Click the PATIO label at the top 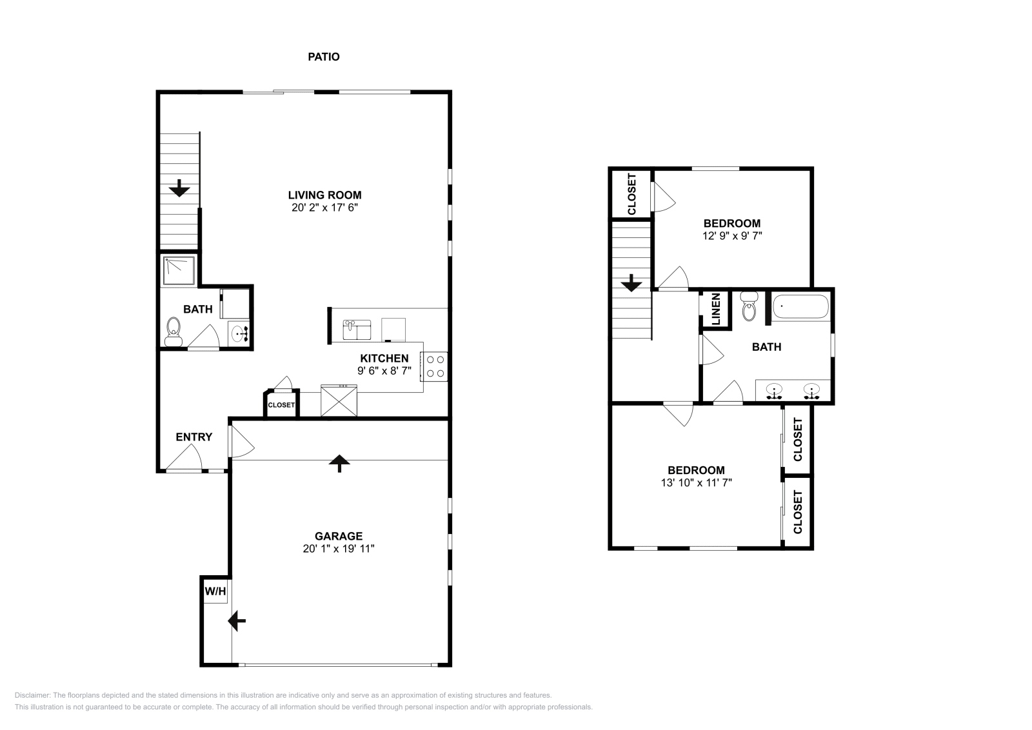click(323, 57)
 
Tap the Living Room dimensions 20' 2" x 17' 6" click(325, 207)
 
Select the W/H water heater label click(215, 591)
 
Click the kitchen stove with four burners click(434, 366)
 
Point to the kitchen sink click(357, 330)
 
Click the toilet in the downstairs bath click(174, 331)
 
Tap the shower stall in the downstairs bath click(180, 271)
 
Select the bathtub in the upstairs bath click(800, 306)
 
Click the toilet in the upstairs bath click(749, 306)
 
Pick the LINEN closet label click(716, 310)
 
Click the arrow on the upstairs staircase click(631, 283)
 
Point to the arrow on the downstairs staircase click(179, 188)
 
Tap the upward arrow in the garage click(339, 463)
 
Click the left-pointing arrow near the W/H click(237, 621)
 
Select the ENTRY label click(194, 437)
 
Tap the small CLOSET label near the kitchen click(281, 405)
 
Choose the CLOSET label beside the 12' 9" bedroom click(631, 194)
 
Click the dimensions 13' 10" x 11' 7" click(696, 482)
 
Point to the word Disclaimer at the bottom click(32, 695)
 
